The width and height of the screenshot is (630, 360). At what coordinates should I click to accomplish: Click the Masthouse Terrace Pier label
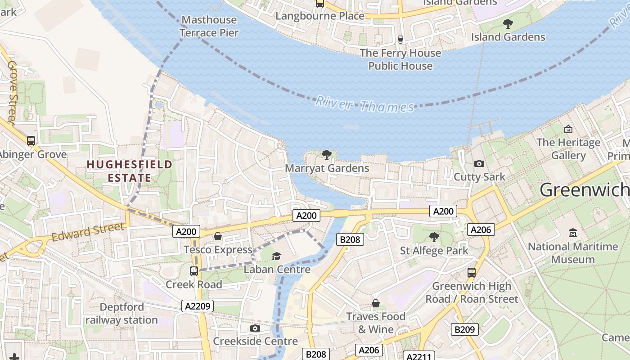(209, 26)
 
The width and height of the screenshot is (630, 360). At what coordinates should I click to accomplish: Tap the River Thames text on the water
(364, 104)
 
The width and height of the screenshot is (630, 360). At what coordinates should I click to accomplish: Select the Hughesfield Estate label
(130, 171)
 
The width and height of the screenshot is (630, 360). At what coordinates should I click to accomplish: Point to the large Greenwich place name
(584, 190)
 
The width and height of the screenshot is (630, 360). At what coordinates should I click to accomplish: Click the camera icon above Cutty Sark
(479, 163)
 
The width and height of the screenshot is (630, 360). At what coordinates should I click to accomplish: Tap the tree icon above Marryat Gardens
(327, 155)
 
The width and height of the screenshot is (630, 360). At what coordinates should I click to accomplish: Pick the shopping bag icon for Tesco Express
(218, 236)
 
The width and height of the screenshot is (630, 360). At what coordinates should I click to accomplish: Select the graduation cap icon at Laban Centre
(276, 256)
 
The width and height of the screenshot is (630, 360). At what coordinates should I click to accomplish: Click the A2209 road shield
(197, 306)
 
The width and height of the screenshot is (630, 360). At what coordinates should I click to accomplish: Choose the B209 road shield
(464, 329)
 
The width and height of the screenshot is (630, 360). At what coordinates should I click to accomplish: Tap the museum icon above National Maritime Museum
(573, 233)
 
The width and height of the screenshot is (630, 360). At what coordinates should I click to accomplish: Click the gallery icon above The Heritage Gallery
(568, 130)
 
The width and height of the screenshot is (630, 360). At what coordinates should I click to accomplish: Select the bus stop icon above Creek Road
(194, 271)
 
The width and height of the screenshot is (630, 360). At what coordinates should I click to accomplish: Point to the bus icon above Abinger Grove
(31, 141)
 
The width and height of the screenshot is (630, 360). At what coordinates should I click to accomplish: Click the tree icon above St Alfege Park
(434, 237)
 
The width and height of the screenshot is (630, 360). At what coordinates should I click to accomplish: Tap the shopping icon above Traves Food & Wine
(375, 303)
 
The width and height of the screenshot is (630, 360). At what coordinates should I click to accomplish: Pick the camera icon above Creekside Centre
(255, 328)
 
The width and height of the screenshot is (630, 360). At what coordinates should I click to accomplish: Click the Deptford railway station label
(121, 314)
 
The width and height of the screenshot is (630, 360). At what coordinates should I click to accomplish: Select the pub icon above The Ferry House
(400, 39)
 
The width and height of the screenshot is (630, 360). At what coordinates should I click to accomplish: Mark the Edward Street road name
(87, 232)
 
